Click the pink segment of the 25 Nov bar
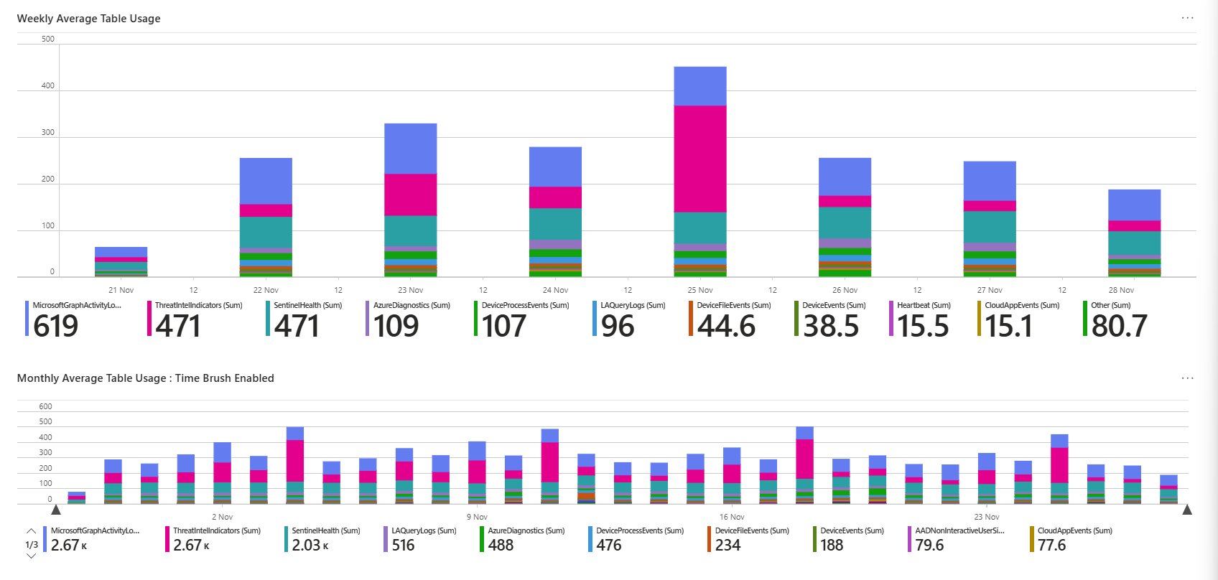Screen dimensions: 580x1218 pos(700,159)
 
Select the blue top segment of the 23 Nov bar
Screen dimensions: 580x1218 pos(411,149)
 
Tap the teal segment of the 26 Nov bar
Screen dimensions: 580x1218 pos(845,223)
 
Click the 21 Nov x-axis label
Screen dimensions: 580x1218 pos(121,290)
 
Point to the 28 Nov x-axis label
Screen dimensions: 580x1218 pos(1121,290)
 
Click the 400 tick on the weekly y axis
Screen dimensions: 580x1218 pos(47,85)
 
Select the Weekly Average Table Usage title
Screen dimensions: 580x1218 pos(88,19)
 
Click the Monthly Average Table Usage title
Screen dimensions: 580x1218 pos(145,378)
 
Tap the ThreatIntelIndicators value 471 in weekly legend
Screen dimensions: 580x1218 pos(178,326)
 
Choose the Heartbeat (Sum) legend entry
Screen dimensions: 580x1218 pos(924,305)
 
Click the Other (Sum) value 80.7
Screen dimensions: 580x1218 pos(1119,326)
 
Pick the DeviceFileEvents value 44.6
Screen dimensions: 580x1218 pos(726,326)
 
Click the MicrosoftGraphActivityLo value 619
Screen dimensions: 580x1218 pos(56,326)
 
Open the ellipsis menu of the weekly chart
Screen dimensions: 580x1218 pos(1188,18)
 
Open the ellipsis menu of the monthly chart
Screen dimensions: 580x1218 pos(1188,378)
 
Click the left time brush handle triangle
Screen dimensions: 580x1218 pos(56,510)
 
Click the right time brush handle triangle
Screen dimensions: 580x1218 pos(1187,510)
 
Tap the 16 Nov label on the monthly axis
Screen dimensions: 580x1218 pos(732,517)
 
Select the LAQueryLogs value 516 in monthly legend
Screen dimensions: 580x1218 pos(403,546)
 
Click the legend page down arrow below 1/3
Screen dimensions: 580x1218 pos(31,556)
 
